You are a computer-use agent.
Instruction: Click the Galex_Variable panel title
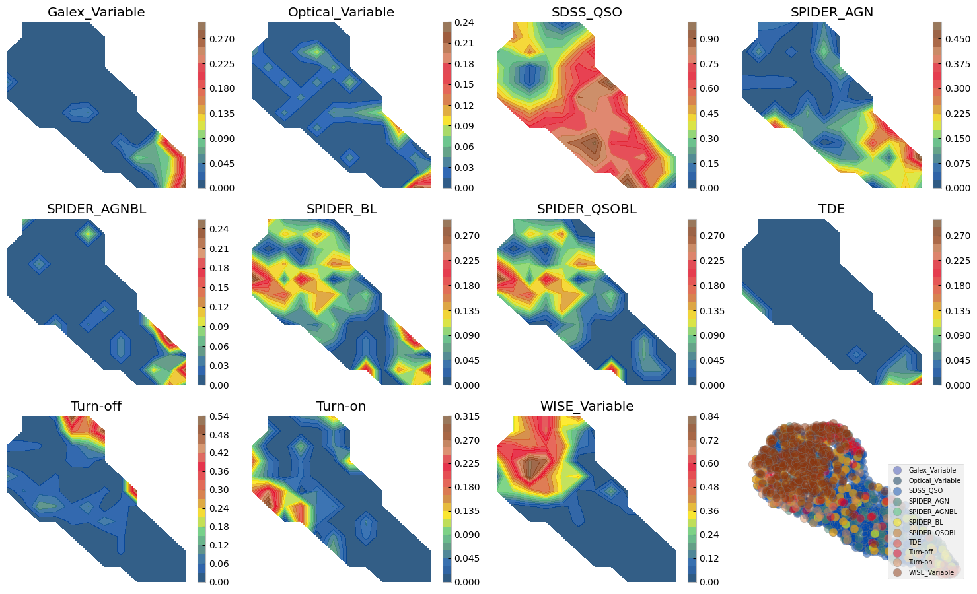[96, 12]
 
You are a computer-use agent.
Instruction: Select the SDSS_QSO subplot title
[587, 12]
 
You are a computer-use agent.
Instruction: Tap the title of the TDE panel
[832, 209]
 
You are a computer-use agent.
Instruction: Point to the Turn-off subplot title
[96, 406]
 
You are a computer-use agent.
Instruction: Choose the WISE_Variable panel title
[587, 406]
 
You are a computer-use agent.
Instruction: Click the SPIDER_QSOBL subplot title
[587, 209]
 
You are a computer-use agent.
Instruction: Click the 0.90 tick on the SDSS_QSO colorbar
[709, 39]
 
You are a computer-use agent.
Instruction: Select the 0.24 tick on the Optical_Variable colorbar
[464, 22]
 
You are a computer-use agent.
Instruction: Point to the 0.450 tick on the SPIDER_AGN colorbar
[957, 39]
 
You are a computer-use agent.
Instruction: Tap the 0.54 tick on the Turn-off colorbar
[219, 416]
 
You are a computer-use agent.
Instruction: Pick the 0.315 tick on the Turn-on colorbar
[466, 416]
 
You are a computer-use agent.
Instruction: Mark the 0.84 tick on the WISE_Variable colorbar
[709, 416]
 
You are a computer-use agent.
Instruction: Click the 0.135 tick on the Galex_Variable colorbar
[222, 114]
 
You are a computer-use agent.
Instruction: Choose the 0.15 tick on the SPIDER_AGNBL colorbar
[219, 288]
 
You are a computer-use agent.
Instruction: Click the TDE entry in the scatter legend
[915, 542]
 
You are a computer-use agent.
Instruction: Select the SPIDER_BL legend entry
[924, 521]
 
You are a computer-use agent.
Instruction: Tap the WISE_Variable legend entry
[931, 572]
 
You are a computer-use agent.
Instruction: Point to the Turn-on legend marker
[896, 562]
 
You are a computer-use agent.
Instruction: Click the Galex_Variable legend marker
[896, 470]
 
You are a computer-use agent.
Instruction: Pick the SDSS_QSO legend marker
[896, 490]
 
